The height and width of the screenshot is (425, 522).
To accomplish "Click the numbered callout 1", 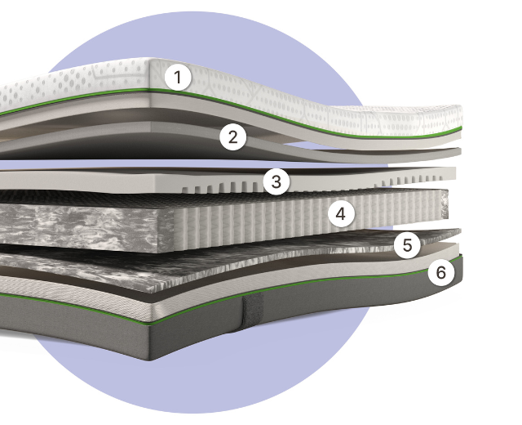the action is pos(178,78).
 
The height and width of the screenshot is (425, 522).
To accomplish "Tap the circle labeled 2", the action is pos(233,136).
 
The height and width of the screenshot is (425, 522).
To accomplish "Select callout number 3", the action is pos(276,181).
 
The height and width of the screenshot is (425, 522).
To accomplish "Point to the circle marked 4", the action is pos(341,214).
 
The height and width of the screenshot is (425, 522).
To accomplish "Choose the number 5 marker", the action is pos(407,245).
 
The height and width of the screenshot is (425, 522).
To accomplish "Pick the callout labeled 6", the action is pos(440,272).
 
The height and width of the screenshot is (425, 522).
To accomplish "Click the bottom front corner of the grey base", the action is pos(149,360).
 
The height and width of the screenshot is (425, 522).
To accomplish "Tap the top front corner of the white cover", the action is pos(149,60).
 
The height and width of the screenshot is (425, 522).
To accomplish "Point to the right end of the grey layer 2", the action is pos(458,152).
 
